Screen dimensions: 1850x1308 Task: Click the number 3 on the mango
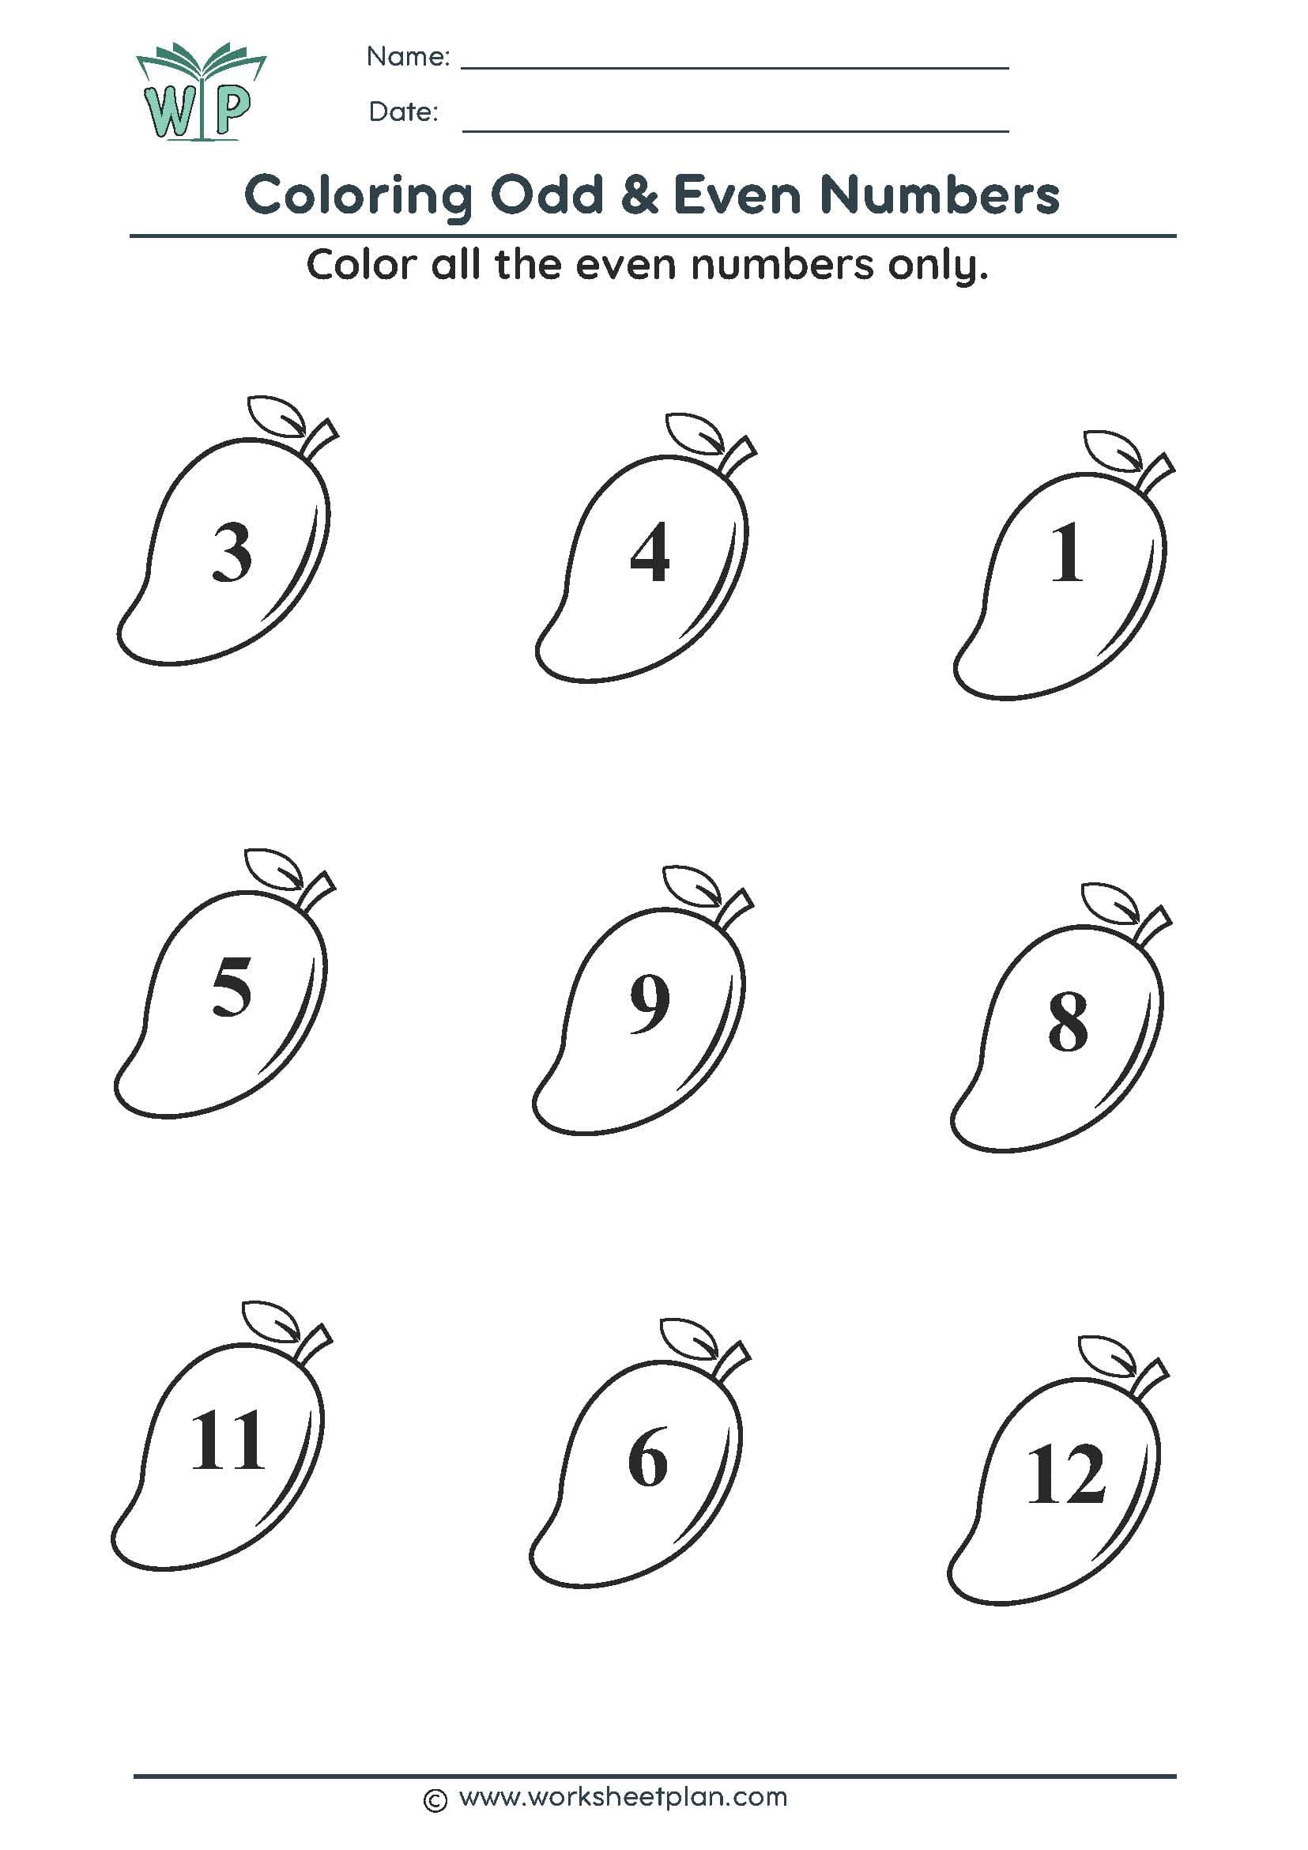(x=232, y=552)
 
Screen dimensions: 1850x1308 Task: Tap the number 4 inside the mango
(x=649, y=552)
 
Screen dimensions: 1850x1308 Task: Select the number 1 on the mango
(x=1066, y=553)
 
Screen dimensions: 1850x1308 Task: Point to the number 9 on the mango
(x=649, y=1004)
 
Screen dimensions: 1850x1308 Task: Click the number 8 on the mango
(x=1067, y=1021)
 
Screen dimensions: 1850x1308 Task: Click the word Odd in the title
(x=547, y=195)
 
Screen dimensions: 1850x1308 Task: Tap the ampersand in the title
(x=639, y=196)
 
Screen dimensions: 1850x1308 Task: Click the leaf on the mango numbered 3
(x=277, y=416)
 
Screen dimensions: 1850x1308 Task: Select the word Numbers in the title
(x=939, y=195)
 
